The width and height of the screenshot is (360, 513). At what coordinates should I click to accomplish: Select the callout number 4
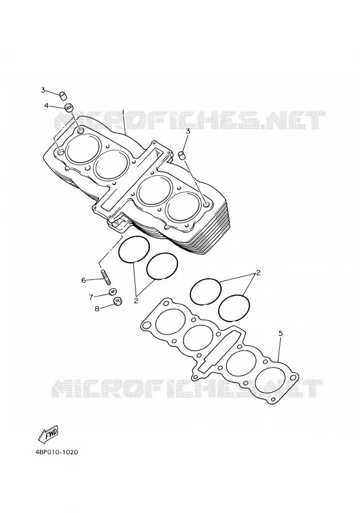tap(47, 105)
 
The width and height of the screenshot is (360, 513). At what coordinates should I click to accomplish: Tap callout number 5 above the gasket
tap(280, 333)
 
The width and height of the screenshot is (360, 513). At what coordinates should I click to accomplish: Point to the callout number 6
tap(84, 280)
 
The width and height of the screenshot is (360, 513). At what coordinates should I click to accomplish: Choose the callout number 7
tap(91, 297)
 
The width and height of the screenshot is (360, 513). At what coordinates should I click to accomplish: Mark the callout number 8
tap(97, 308)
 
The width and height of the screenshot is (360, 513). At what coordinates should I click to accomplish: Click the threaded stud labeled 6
tap(107, 276)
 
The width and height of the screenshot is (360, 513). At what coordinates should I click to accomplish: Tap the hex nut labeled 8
tap(118, 300)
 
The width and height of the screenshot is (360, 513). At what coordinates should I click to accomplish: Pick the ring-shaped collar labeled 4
tap(69, 107)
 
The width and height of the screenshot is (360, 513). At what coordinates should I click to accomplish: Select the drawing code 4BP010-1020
tap(57, 453)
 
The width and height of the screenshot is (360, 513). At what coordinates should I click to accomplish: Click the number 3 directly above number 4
tap(43, 90)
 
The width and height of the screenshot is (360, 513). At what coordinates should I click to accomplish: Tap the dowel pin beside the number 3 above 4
tap(63, 96)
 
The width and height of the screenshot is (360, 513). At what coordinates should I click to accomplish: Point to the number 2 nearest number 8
tap(136, 300)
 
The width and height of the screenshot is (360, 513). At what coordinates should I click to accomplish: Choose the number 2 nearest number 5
tap(258, 272)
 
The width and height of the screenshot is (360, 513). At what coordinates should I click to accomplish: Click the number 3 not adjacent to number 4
tap(187, 131)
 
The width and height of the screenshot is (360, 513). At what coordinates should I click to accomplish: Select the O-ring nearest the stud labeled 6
tap(118, 250)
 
